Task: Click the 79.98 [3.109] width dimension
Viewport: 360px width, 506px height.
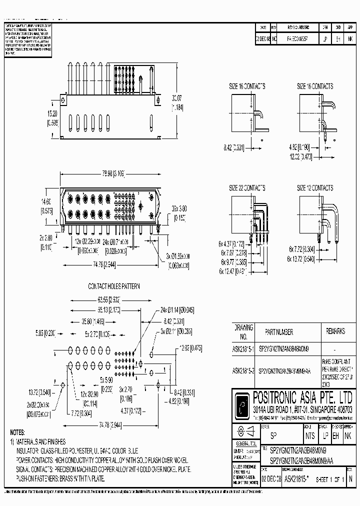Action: click(106, 173)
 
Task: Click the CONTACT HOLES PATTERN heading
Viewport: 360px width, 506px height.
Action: click(114, 286)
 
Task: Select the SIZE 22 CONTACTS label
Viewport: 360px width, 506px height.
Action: click(247, 188)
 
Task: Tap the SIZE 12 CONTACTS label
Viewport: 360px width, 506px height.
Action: click(315, 188)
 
